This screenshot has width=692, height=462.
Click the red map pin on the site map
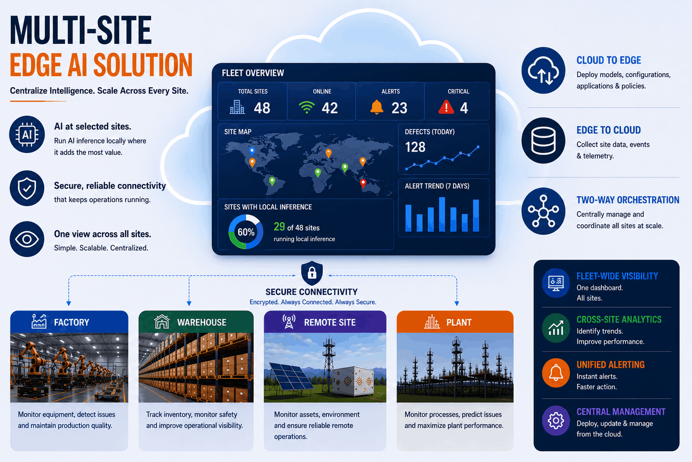pos(363,183)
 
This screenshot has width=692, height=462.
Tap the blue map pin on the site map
pos(252,151)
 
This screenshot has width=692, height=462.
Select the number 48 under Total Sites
pos(262,108)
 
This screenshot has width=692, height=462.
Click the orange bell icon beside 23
pos(376,107)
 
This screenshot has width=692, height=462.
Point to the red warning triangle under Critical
pos(446,107)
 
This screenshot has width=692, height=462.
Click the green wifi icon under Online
pos(307,108)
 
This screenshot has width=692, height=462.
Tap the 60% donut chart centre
pos(246,232)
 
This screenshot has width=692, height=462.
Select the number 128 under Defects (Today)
pos(415,147)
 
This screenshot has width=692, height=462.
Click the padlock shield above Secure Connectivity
pos(312,273)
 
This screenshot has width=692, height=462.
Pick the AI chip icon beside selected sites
pos(27,134)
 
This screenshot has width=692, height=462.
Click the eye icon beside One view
pos(27,239)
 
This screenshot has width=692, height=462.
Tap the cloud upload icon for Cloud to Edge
pos(543,70)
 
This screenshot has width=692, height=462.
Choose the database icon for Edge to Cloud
pos(543,140)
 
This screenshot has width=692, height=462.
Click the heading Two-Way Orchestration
pos(628,200)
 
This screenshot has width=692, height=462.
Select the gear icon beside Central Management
pos(556,420)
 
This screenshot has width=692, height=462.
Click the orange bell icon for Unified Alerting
pos(556,373)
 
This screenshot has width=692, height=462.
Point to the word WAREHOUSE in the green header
pos(202,323)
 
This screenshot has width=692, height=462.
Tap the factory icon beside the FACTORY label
pos(39,322)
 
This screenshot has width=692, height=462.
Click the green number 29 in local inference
pos(279,226)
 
